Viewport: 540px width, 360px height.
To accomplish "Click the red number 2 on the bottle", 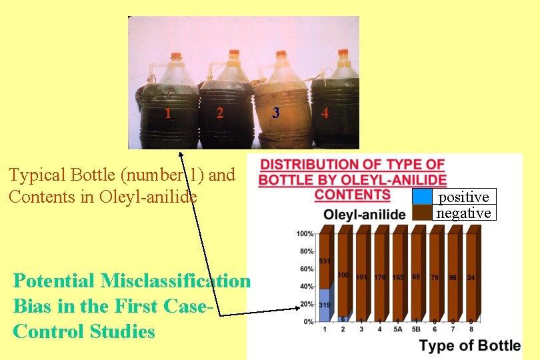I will tap(219, 113).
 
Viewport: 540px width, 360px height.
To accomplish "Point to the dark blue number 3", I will tap(276, 113).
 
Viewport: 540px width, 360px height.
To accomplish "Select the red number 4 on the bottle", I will tap(324, 113).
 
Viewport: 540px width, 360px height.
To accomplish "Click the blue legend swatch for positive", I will tap(421, 196).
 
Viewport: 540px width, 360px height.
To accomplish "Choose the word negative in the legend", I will tap(463, 213).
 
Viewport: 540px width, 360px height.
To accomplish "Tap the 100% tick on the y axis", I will tap(305, 233).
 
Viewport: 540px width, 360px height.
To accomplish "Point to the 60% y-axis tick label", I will tap(306, 269).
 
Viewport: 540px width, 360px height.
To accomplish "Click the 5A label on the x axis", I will tap(398, 329).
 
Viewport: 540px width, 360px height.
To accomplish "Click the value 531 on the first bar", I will tap(325, 261).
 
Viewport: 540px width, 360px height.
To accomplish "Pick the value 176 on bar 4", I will tap(380, 277).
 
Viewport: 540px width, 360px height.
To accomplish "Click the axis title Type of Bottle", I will tap(470, 345).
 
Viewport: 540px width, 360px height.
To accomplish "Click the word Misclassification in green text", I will tap(175, 281).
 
